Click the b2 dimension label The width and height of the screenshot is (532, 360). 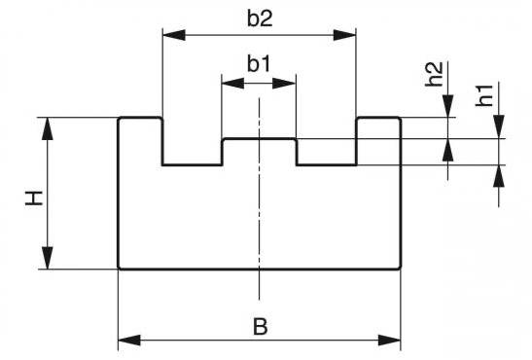260,19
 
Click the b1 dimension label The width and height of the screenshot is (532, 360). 259,64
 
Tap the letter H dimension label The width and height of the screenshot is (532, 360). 34,198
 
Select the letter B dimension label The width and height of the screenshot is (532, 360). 261,326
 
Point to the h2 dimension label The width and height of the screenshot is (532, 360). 434,74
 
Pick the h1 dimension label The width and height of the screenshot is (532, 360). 484,95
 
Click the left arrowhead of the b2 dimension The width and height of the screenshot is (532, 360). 174,35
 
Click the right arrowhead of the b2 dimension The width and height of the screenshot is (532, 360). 344,35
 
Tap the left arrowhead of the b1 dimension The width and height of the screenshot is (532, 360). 232,83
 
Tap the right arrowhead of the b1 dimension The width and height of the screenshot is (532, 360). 284,83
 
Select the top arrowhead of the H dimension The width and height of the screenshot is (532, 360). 48,128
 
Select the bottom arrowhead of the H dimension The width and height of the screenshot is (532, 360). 48,258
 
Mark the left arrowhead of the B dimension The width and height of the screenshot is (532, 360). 129,340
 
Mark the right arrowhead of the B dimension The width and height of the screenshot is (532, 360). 389,340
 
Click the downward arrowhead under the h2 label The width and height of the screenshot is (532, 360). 447,106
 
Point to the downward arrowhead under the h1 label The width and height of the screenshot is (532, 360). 499,126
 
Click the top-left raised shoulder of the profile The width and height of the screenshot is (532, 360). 140,119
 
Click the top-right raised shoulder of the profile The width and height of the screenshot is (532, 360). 378,119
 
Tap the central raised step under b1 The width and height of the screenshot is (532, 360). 260,139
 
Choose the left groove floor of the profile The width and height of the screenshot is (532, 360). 193,165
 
